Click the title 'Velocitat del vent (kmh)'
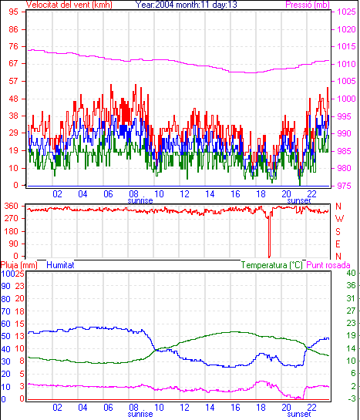coord(69,5)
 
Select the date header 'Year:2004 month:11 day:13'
coord(186,5)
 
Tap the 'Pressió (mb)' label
coord(308,5)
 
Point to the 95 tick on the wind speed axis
coord(13,12)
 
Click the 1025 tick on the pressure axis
coord(346,12)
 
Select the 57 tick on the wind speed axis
coord(13,81)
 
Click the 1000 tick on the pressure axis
coord(346,99)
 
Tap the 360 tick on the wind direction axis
coord(12,206)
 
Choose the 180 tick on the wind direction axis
coord(12,231)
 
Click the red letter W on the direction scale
coord(339,219)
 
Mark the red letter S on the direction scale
coord(338,231)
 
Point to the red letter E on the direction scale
coord(338,244)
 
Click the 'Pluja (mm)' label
coord(19,265)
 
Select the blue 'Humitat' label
coord(60,265)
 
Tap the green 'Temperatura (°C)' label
coord(271,265)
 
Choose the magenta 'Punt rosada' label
coord(328,265)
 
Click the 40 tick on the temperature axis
coord(351,273)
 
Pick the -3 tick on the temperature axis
coord(352,399)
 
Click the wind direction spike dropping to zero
coord(269,236)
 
